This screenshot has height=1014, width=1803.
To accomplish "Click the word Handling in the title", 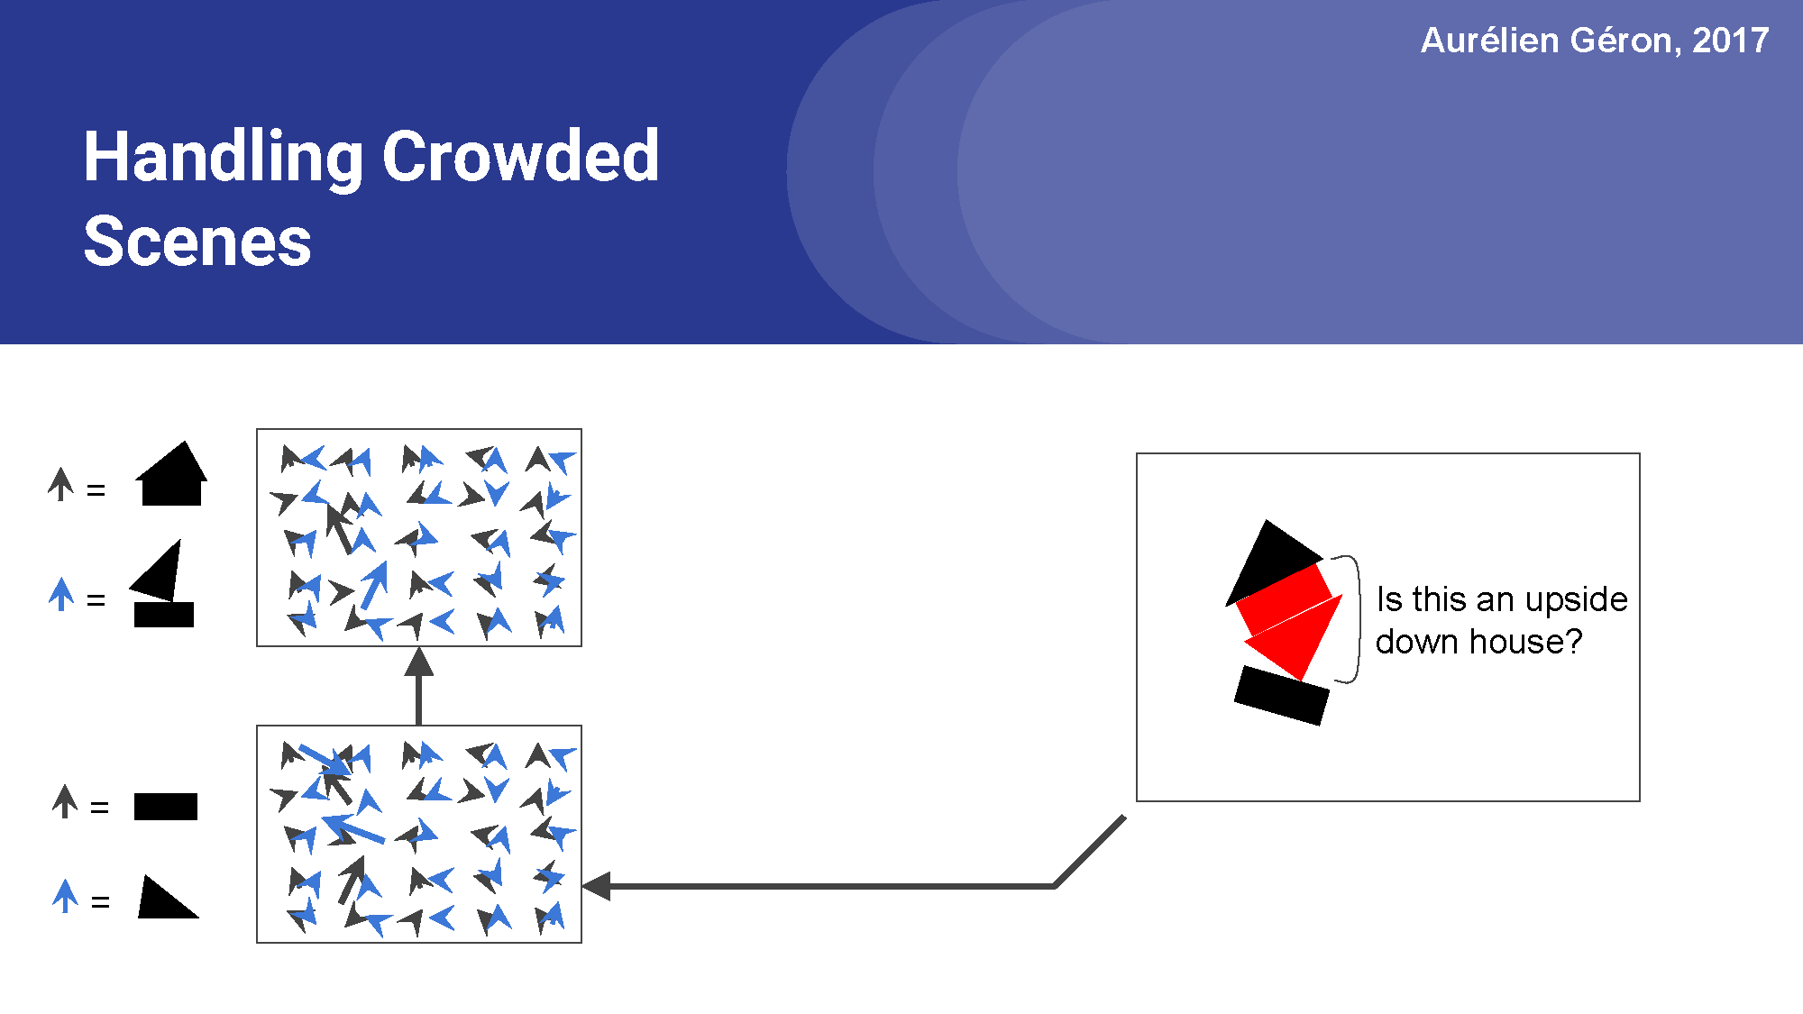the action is click(x=220, y=158).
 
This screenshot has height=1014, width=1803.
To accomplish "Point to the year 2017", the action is click(x=1730, y=41).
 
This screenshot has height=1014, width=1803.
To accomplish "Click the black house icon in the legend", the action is click(x=171, y=475).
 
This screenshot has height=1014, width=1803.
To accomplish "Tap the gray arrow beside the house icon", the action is click(x=61, y=484).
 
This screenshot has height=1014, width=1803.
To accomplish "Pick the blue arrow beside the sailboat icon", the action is click(x=61, y=595).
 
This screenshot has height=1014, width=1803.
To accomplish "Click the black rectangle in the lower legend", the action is click(x=165, y=807).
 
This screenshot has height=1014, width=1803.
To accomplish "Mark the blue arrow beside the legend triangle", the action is click(x=65, y=896).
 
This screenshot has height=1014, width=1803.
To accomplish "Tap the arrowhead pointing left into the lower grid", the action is click(x=597, y=886).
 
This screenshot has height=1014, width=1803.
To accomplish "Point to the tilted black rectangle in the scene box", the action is click(x=1281, y=695).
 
